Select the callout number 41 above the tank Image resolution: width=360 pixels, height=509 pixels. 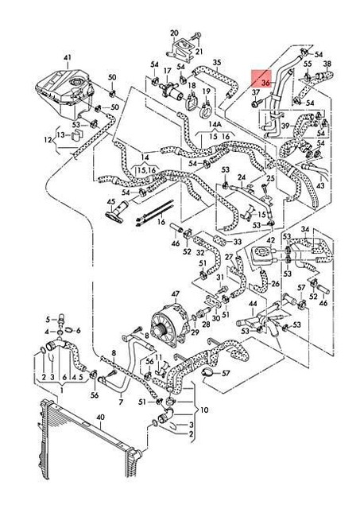[x=68, y=57]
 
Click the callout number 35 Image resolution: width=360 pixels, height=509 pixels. [x=217, y=63]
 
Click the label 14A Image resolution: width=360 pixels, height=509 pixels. [x=215, y=125]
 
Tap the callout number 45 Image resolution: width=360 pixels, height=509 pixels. [x=111, y=203]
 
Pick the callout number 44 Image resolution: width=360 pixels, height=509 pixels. [x=252, y=304]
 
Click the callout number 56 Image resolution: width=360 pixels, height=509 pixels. [x=95, y=395]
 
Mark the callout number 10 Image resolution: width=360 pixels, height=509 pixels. [x=205, y=410]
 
